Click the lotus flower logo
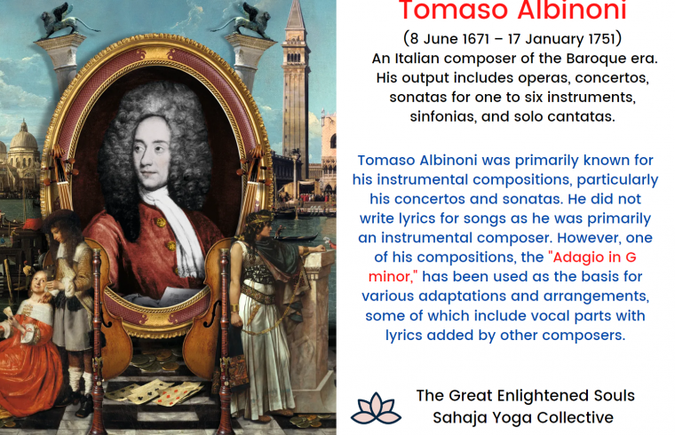pyautogui.click(x=376, y=407)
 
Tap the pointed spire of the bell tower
pyautogui.click(x=295, y=14)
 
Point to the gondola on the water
pyautogui.click(x=297, y=236)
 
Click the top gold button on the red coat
pyautogui.click(x=160, y=222)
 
